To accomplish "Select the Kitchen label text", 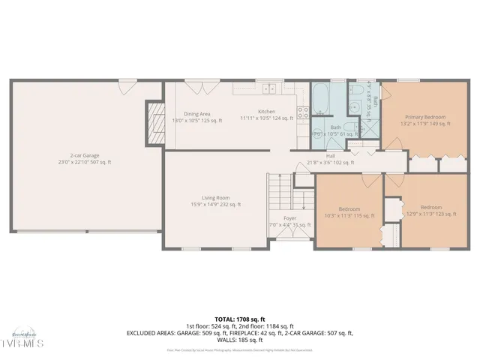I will tap(267, 112).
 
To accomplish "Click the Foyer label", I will tap(289, 218).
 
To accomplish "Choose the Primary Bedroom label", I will tap(425, 117).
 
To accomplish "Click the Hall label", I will tap(330, 156).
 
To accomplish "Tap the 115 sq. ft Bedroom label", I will tap(349, 208).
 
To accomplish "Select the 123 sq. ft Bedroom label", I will tap(430, 207).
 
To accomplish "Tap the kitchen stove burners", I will tap(304, 113).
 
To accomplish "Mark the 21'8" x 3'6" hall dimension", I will tap(331, 162).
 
